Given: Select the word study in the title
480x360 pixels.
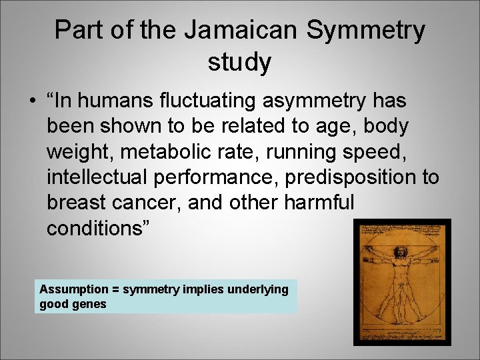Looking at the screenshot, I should [240, 63].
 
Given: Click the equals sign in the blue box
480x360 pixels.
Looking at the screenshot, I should [116, 289].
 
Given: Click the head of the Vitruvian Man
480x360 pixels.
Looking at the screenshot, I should [401, 253].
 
